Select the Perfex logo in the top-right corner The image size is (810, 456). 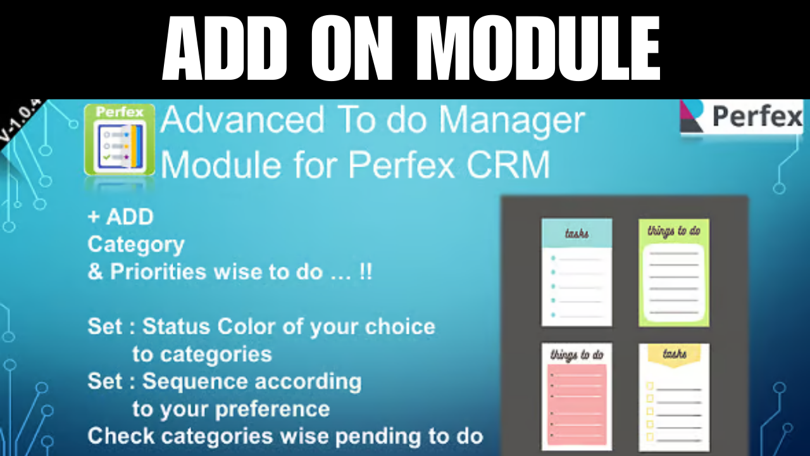(742, 117)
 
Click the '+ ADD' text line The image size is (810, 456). (120, 217)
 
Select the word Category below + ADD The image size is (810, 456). (136, 244)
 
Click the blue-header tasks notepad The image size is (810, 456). (576, 272)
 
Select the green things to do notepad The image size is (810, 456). (674, 272)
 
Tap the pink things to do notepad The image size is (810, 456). (576, 396)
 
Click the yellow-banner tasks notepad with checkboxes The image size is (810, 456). (674, 396)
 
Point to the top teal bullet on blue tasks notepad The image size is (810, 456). (552, 258)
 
